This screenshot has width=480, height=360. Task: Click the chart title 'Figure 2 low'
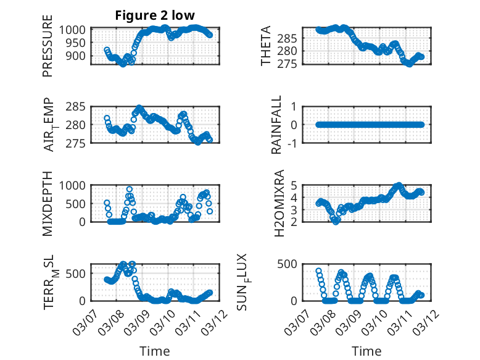pos(154,16)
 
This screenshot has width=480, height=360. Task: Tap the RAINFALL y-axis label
pos(277,125)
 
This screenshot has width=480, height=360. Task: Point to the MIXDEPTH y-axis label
pos(48,204)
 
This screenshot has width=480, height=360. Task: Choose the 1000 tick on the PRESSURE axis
pos(78,30)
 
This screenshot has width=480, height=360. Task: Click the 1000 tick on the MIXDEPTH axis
pos(78,185)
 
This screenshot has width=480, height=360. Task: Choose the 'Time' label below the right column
pos(366,351)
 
